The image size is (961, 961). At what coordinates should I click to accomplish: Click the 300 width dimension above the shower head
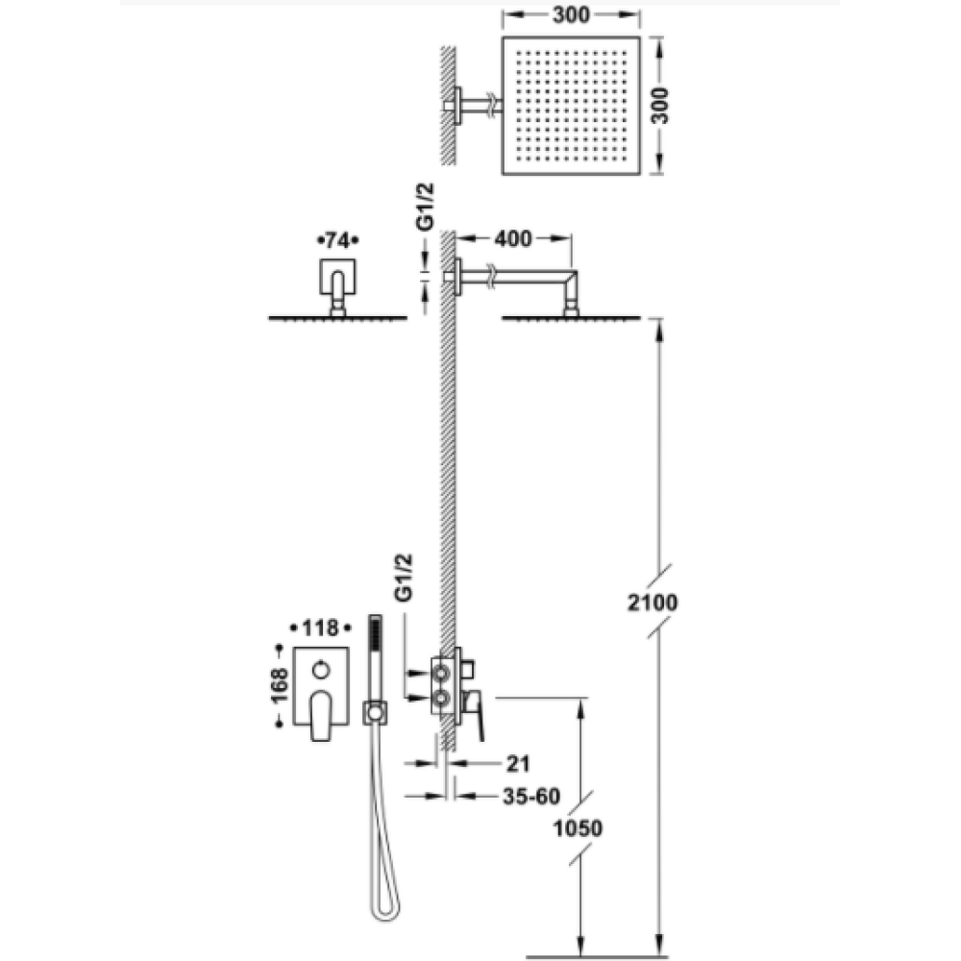[571, 15]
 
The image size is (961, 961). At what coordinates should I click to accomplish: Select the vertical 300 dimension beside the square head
[660, 106]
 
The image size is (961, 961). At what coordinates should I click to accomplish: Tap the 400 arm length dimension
[513, 238]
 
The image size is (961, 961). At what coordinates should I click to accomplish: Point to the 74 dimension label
[337, 241]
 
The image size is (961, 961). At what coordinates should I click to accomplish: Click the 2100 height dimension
[653, 603]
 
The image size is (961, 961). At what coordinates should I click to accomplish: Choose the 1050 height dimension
[578, 828]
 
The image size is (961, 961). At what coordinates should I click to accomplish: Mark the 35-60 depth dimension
[531, 796]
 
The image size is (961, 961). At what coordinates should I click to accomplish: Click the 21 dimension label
[518, 764]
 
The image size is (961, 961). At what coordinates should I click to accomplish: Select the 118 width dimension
[321, 628]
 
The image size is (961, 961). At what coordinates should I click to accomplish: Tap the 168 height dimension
[279, 686]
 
